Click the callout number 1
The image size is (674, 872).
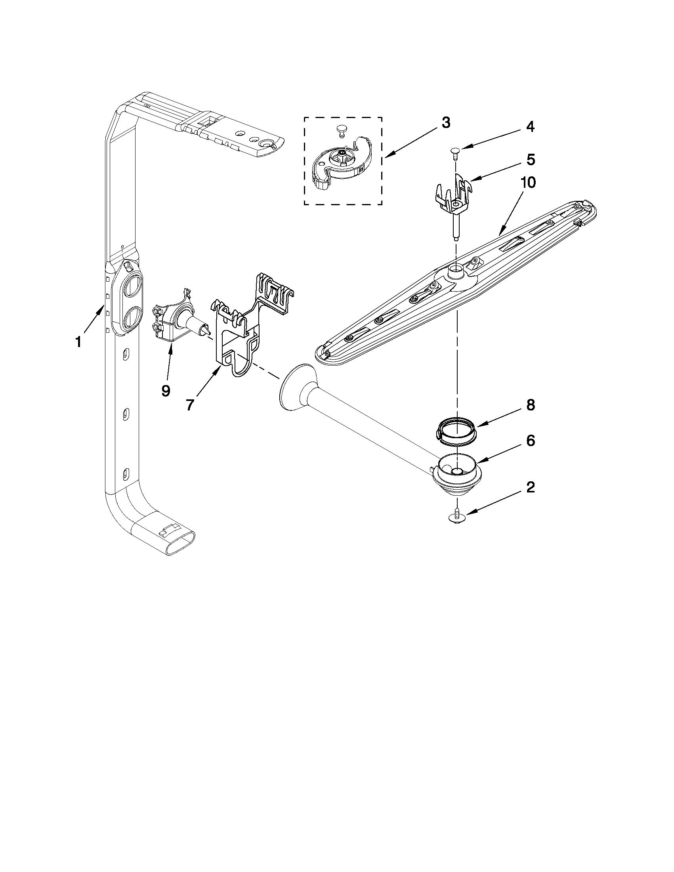pyautogui.click(x=79, y=342)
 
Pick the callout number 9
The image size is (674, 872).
pyautogui.click(x=166, y=391)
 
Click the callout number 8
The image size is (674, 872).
pyautogui.click(x=530, y=405)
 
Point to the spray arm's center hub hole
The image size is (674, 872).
pyautogui.click(x=455, y=272)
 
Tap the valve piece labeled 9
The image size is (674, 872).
pyautogui.click(x=176, y=319)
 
